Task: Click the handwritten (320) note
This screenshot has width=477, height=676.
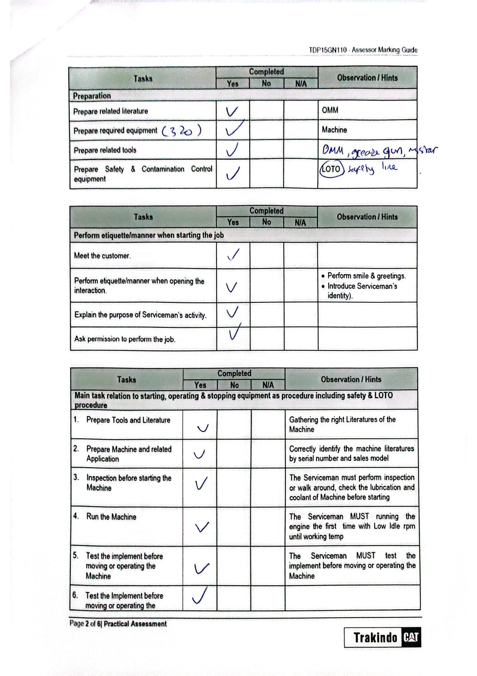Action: click(x=182, y=131)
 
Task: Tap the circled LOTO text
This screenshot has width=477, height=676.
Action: click(x=331, y=169)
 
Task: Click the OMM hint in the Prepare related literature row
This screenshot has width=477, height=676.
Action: click(x=330, y=110)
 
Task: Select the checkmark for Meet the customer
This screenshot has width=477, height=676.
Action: click(x=233, y=255)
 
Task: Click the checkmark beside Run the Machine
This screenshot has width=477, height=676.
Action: click(x=202, y=527)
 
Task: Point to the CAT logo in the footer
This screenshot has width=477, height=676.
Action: click(x=410, y=638)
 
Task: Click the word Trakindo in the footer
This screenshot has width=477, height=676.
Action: click(x=375, y=638)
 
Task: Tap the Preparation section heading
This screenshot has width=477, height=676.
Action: click(x=92, y=96)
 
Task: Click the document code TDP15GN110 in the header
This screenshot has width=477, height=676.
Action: click(x=328, y=50)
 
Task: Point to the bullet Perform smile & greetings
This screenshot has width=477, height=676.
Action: click(x=366, y=276)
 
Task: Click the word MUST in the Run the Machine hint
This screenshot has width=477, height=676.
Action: click(x=359, y=516)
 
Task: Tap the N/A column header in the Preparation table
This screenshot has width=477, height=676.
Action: click(x=301, y=84)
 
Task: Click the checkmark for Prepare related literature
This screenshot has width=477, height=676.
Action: click(x=232, y=111)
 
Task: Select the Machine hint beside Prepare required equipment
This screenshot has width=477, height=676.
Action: click(x=334, y=130)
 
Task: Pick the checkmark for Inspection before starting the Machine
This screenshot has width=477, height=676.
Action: click(x=201, y=483)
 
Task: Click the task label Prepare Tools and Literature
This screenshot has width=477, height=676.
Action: click(x=128, y=420)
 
